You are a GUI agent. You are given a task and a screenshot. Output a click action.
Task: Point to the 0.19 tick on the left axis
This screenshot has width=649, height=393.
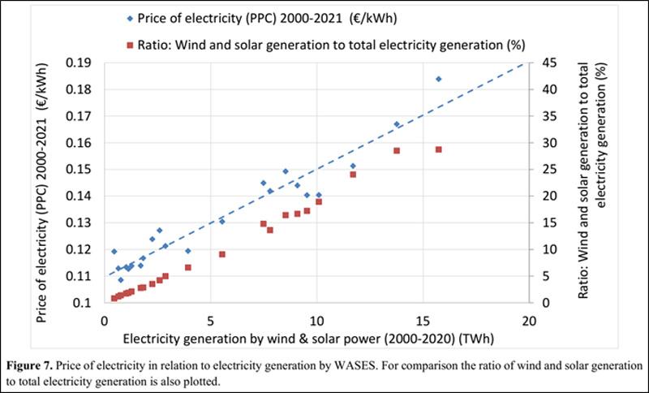(x=84, y=63)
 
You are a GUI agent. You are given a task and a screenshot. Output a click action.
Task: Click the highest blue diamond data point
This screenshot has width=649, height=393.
(x=439, y=79)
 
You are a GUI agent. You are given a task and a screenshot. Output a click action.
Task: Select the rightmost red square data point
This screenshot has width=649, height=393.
(x=439, y=149)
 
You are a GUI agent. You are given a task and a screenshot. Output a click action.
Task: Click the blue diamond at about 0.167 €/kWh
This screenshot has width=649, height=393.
(x=397, y=124)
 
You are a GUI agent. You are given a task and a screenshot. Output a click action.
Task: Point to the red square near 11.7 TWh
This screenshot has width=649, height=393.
(x=353, y=175)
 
